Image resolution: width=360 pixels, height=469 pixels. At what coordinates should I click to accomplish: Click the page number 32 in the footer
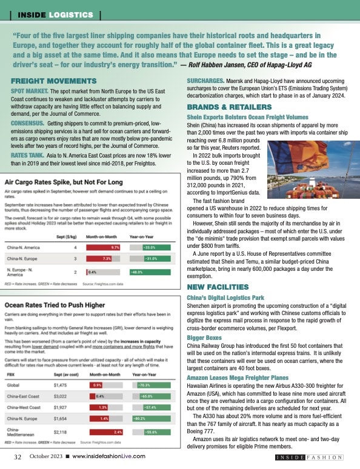click(x=18, y=456)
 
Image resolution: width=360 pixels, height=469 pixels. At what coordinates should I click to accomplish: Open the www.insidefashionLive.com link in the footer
click(x=108, y=456)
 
